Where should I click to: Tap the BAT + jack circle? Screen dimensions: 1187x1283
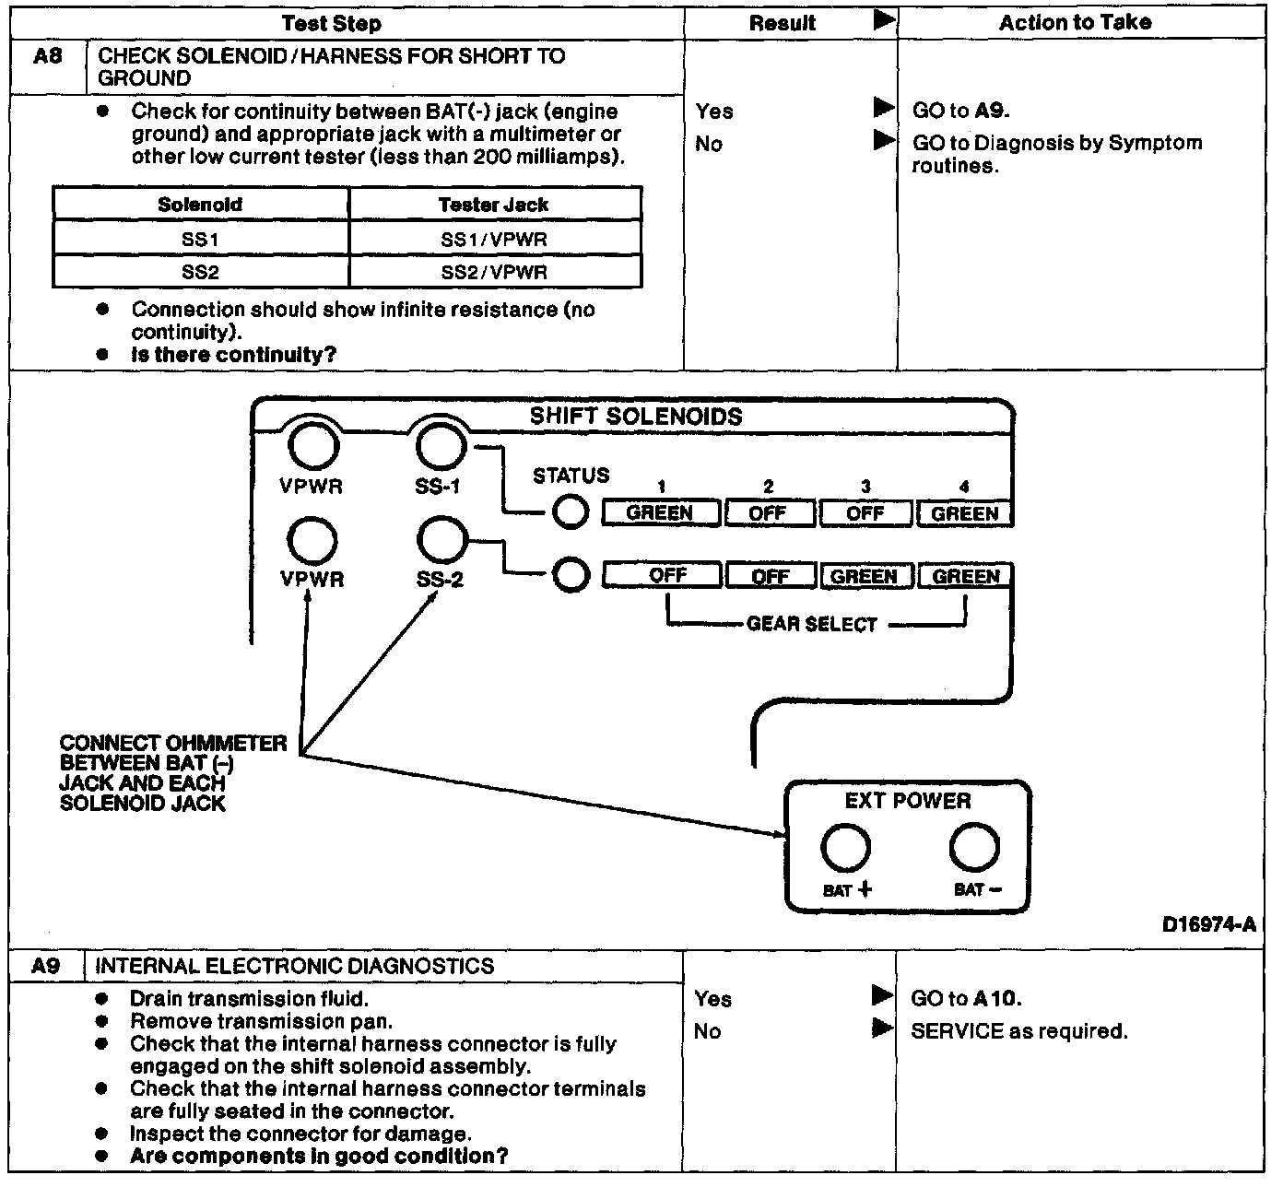pos(845,848)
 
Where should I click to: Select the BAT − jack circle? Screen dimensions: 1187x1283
pos(974,848)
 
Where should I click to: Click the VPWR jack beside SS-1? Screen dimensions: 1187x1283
pos(312,446)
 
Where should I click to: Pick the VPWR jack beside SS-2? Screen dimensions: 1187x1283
pos(312,541)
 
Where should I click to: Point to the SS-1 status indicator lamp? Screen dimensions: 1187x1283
pos(571,512)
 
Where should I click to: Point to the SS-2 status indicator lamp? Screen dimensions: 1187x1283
pos(571,575)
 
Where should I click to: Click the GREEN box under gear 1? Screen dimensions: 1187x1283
pos(660,513)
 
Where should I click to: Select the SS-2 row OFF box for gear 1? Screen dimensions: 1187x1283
pos(667,576)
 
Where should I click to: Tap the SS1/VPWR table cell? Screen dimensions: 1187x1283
pos(494,240)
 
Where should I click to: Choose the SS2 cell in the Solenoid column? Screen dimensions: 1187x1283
pos(200,272)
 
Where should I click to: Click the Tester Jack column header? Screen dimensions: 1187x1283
pos(494,205)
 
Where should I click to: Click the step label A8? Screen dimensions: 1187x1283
pos(48,57)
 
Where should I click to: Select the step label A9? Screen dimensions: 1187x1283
pos(46,966)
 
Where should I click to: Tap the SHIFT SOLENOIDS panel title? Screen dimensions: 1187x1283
pos(636,417)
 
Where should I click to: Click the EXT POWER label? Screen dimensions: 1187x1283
pos(908,801)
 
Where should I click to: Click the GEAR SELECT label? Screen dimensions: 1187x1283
pos(812,625)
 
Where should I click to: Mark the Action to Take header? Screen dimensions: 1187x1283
pos(1076,22)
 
